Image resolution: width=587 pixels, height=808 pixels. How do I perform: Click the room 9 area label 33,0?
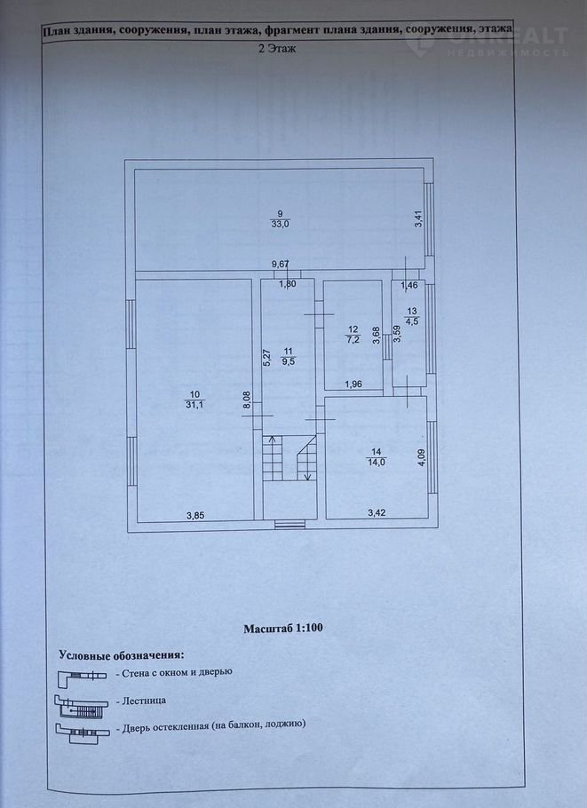click(x=280, y=224)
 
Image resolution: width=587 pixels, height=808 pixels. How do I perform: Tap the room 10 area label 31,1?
click(x=194, y=405)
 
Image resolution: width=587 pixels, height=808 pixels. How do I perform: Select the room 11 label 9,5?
click(x=289, y=361)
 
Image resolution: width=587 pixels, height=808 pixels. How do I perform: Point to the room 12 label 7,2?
click(x=353, y=338)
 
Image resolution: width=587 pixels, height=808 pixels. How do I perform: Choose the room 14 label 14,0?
click(x=377, y=463)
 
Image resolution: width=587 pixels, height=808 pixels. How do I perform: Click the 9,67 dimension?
click(x=281, y=265)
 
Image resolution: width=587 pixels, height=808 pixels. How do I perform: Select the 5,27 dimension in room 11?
click(x=266, y=357)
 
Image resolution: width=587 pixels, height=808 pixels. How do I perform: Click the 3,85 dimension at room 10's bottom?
click(x=195, y=515)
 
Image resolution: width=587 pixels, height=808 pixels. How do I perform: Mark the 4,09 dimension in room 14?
click(x=422, y=458)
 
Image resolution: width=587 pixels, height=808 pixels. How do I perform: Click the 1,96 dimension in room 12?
click(x=353, y=384)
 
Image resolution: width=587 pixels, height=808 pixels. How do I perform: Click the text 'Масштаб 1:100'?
click(x=283, y=628)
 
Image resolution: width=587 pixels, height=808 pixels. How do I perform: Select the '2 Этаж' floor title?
click(x=277, y=50)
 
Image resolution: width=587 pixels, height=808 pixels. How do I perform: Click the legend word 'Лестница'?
click(x=144, y=701)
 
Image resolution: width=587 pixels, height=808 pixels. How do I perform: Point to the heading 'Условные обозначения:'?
click(x=121, y=656)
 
